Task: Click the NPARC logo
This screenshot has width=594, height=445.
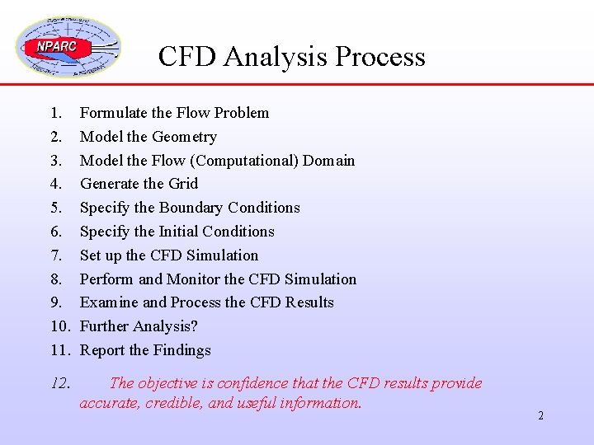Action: pyautogui.click(x=68, y=47)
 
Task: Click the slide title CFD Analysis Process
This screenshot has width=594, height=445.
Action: pyautogui.click(x=291, y=56)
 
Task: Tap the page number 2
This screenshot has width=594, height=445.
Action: pyautogui.click(x=540, y=415)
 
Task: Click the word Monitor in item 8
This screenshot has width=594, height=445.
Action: pyautogui.click(x=194, y=279)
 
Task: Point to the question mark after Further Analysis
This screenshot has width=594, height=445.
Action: pyautogui.click(x=194, y=326)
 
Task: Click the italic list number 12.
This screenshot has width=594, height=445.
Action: pyautogui.click(x=59, y=383)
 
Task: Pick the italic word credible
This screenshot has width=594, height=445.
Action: pyautogui.click(x=179, y=403)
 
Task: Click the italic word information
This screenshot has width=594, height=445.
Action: pyautogui.click(x=321, y=403)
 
